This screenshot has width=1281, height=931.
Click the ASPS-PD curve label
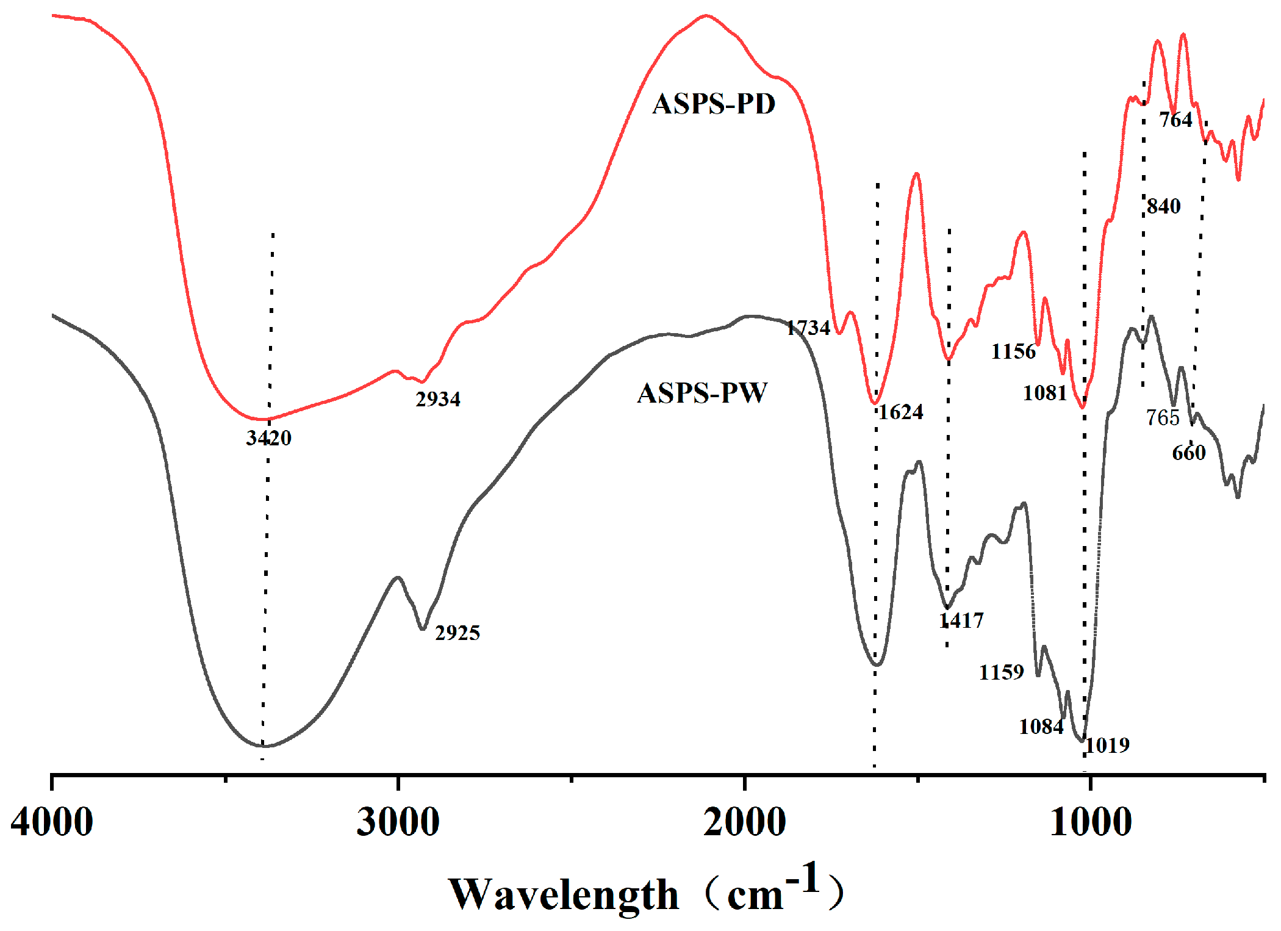pyautogui.click(x=714, y=104)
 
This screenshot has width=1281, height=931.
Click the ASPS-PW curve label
pyautogui.click(x=702, y=393)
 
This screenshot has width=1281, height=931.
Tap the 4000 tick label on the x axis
pyautogui.click(x=52, y=822)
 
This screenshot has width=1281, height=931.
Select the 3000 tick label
pyautogui.click(x=398, y=822)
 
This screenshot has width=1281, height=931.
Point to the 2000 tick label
pyautogui.click(x=744, y=822)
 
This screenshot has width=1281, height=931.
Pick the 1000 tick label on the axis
pyautogui.click(x=1091, y=822)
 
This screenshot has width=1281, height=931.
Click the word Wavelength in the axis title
pyautogui.click(x=563, y=895)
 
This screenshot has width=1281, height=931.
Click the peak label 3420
pyautogui.click(x=268, y=437)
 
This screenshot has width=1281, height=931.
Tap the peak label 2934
pyautogui.click(x=438, y=399)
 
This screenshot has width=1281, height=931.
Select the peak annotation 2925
pyautogui.click(x=457, y=633)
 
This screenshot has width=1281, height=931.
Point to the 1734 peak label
pyautogui.click(x=808, y=328)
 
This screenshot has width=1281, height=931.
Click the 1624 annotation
pyautogui.click(x=901, y=412)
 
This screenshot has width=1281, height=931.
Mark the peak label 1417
pyautogui.click(x=961, y=620)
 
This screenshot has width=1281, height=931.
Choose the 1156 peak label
pyautogui.click(x=1013, y=351)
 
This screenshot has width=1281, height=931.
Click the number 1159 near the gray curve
pyautogui.click(x=1001, y=672)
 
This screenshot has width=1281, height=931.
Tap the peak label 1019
pyautogui.click(x=1108, y=745)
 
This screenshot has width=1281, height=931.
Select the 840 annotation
pyautogui.click(x=1164, y=206)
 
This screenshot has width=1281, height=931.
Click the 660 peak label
pyautogui.click(x=1189, y=453)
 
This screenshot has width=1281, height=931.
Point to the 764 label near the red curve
pyautogui.click(x=1175, y=120)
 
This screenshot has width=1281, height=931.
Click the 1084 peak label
pyautogui.click(x=1041, y=727)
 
